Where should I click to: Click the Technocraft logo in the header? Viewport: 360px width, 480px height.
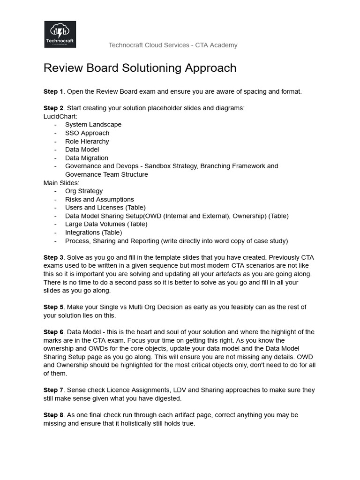click(60, 34)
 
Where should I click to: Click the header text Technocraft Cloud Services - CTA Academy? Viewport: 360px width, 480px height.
click(173, 45)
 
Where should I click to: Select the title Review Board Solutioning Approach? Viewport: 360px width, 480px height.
click(140, 68)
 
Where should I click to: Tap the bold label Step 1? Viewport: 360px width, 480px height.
click(53, 91)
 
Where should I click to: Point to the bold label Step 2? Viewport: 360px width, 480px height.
click(53, 108)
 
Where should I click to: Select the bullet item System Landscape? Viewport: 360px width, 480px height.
click(93, 125)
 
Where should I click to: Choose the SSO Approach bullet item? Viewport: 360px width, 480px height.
click(87, 133)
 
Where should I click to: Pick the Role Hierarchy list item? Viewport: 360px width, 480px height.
click(87, 141)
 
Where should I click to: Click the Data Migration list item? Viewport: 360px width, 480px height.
click(86, 158)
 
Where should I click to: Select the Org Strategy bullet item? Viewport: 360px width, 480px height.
click(84, 191)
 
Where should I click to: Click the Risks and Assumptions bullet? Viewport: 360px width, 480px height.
click(99, 199)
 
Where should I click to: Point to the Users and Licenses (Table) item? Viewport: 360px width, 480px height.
click(105, 208)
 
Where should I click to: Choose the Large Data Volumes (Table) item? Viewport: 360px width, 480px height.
click(106, 224)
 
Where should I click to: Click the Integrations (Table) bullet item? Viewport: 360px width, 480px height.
click(93, 232)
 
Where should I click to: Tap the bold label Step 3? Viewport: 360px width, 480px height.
click(53, 257)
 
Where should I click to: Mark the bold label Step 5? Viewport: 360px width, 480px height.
click(53, 307)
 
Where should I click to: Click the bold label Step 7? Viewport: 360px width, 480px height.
click(53, 390)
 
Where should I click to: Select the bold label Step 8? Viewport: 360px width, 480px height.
click(53, 415)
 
